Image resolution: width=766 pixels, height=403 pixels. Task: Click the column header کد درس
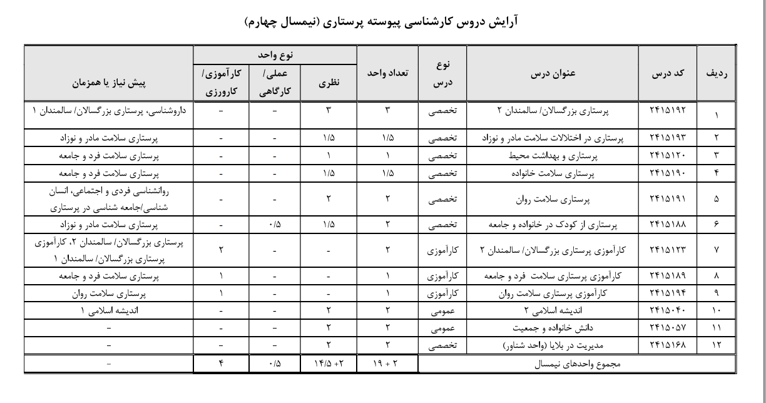click(x=668, y=73)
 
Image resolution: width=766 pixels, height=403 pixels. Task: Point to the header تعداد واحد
click(x=387, y=73)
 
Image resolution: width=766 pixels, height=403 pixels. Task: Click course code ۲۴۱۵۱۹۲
click(x=668, y=110)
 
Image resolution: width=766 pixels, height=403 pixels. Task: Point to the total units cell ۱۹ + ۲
click(x=387, y=364)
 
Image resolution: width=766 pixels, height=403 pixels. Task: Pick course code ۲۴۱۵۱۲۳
click(x=668, y=250)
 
